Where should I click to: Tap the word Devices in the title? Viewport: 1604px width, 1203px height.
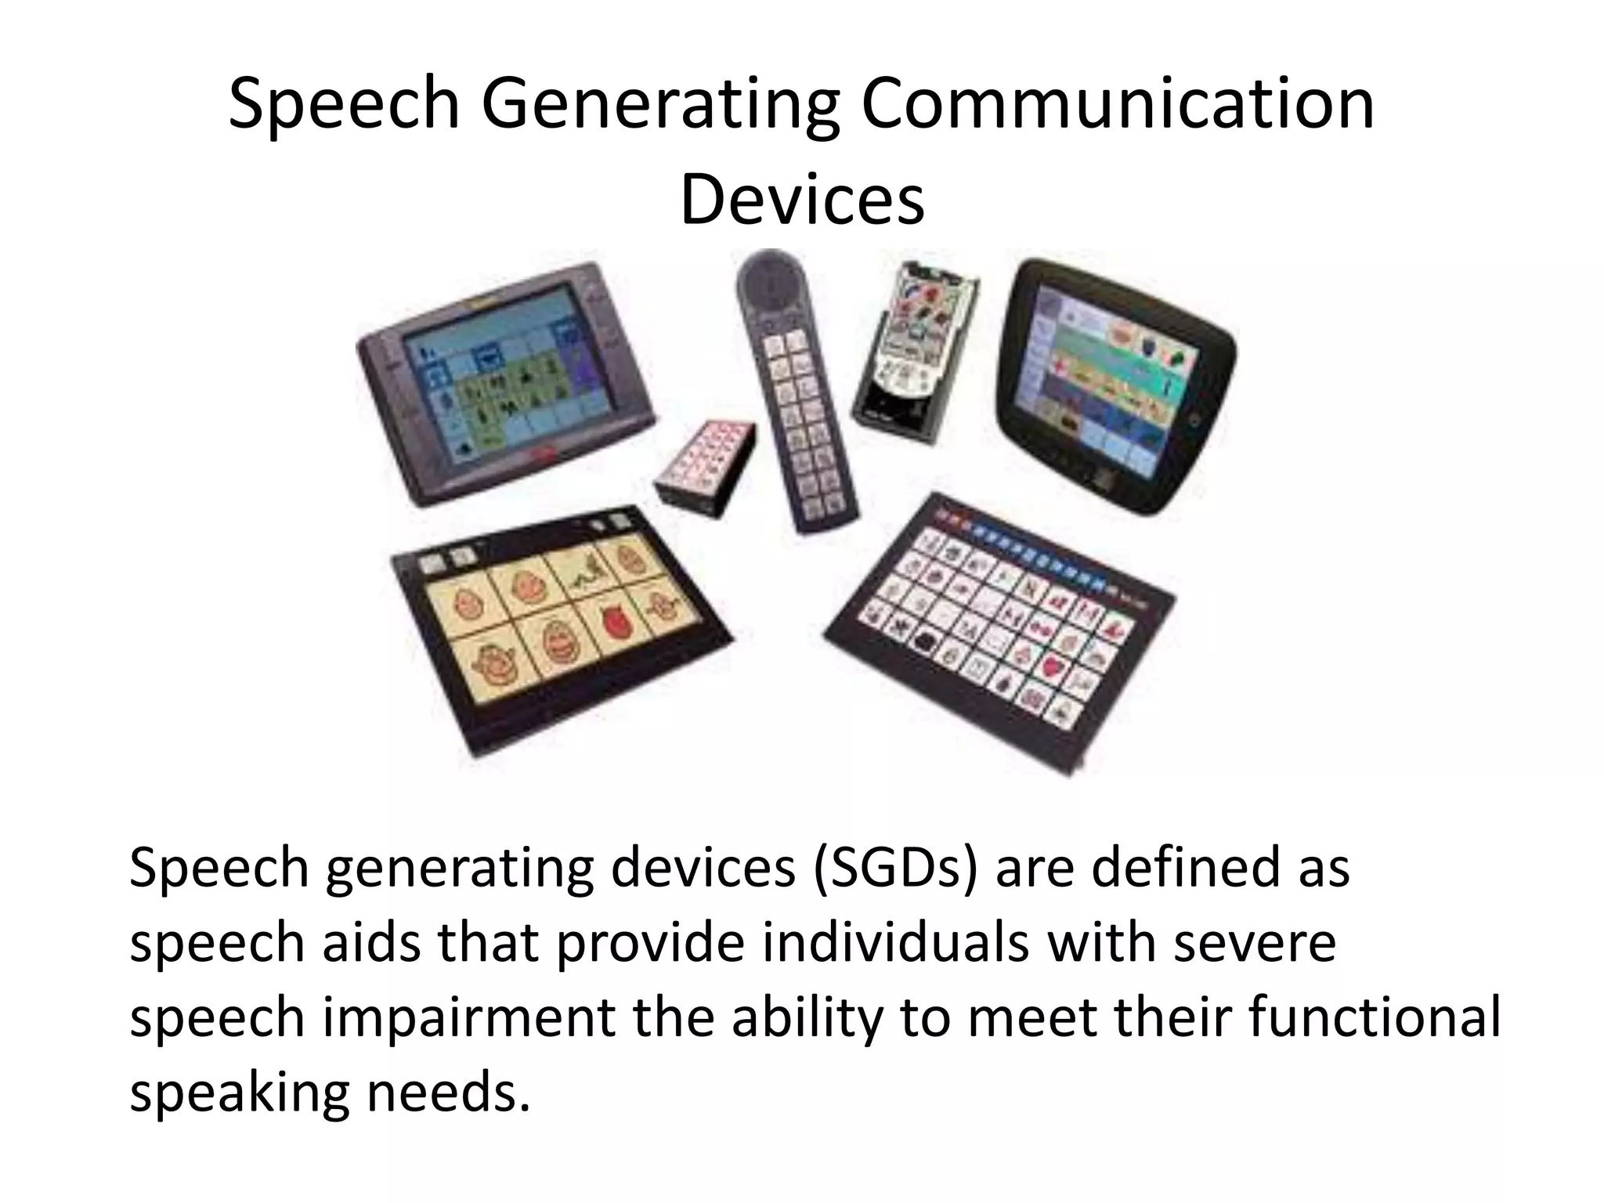802,200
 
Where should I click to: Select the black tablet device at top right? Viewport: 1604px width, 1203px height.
1116,384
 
